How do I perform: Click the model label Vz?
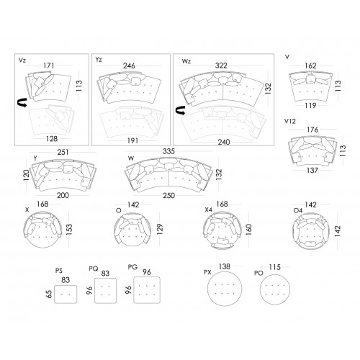22,60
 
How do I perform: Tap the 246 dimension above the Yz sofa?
129,66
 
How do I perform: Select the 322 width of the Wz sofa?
221,66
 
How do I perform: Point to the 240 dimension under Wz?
224,142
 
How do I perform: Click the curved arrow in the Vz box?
22,102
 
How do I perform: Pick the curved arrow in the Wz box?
181,110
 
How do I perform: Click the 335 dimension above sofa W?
168,151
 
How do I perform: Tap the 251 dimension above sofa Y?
63,152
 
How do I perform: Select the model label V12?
290,122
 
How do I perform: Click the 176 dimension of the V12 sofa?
312,130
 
